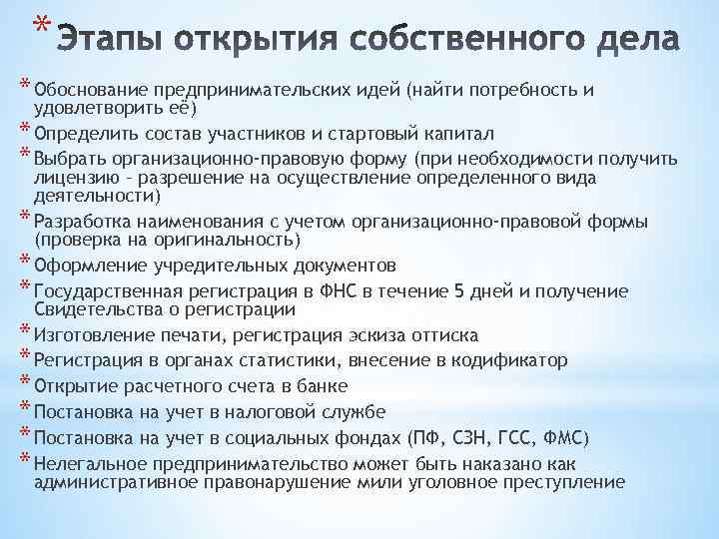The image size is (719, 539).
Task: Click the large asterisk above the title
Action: click(x=37, y=22)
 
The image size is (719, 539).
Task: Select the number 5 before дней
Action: click(x=458, y=291)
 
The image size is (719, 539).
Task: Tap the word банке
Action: click(x=321, y=385)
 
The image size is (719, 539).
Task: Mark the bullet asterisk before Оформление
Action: click(x=24, y=265)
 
